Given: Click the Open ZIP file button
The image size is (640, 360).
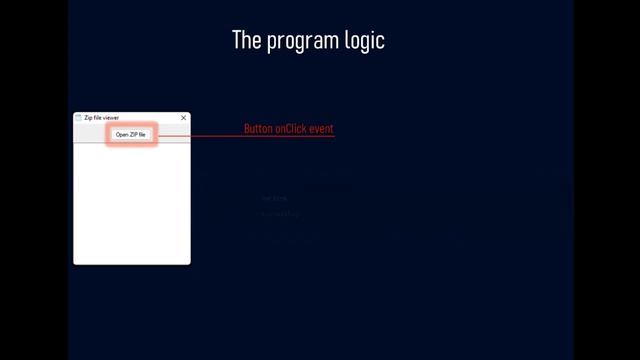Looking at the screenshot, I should [131, 134].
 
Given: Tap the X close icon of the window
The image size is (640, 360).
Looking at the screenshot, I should [183, 118].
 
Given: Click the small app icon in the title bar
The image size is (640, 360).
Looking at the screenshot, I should [78, 118].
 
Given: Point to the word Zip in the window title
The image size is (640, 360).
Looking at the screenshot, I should [87, 118].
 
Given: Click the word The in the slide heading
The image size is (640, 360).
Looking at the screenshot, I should [245, 40].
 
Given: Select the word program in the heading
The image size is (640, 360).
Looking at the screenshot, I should [305, 41].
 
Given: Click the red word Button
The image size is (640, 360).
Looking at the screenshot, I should [258, 129].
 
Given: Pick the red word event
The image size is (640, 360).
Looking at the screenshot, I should [322, 129].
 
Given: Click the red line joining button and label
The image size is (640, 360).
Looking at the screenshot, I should [200, 135].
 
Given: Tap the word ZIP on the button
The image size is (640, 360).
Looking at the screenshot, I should [133, 134].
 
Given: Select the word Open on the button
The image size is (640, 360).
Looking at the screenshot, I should [122, 134].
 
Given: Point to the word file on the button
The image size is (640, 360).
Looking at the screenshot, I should [143, 134].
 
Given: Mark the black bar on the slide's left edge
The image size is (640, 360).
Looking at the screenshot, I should [34, 180].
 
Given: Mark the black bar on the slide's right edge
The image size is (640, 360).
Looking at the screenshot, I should [606, 180].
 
